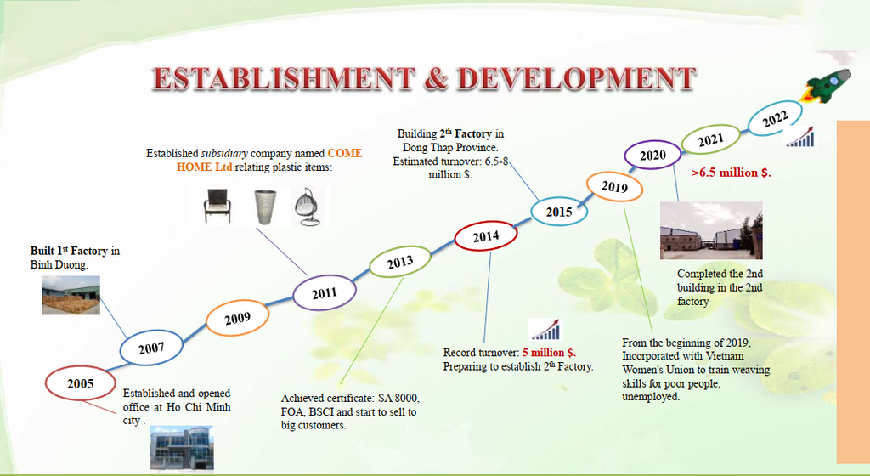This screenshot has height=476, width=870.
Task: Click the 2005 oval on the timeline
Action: [81, 383]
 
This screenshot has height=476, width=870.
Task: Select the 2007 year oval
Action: [151, 348]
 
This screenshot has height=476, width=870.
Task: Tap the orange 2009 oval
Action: [238, 318]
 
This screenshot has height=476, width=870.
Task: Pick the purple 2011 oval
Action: [324, 292]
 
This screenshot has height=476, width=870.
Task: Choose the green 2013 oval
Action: [400, 262]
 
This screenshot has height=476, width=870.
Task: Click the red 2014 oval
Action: [486, 236]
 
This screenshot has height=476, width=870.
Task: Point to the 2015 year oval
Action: [559, 212]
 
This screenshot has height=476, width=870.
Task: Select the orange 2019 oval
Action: [614, 187]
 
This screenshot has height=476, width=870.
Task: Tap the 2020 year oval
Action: [652, 155]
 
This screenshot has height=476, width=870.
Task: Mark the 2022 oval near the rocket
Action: [775, 118]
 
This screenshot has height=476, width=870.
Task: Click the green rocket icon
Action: [825, 86]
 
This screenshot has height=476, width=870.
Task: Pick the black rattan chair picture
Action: [217, 206]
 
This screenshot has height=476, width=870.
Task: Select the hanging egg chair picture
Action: [306, 207]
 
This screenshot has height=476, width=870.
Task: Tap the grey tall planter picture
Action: [265, 207]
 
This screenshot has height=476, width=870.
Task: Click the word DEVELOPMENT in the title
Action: [577, 78]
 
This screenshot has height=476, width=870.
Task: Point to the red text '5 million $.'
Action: [550, 352]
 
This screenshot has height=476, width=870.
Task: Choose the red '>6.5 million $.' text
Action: [732, 173]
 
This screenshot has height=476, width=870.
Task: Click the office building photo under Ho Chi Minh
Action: [182, 449]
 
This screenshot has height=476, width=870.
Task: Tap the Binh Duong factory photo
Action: [71, 295]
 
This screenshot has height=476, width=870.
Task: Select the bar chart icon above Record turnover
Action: [546, 329]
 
